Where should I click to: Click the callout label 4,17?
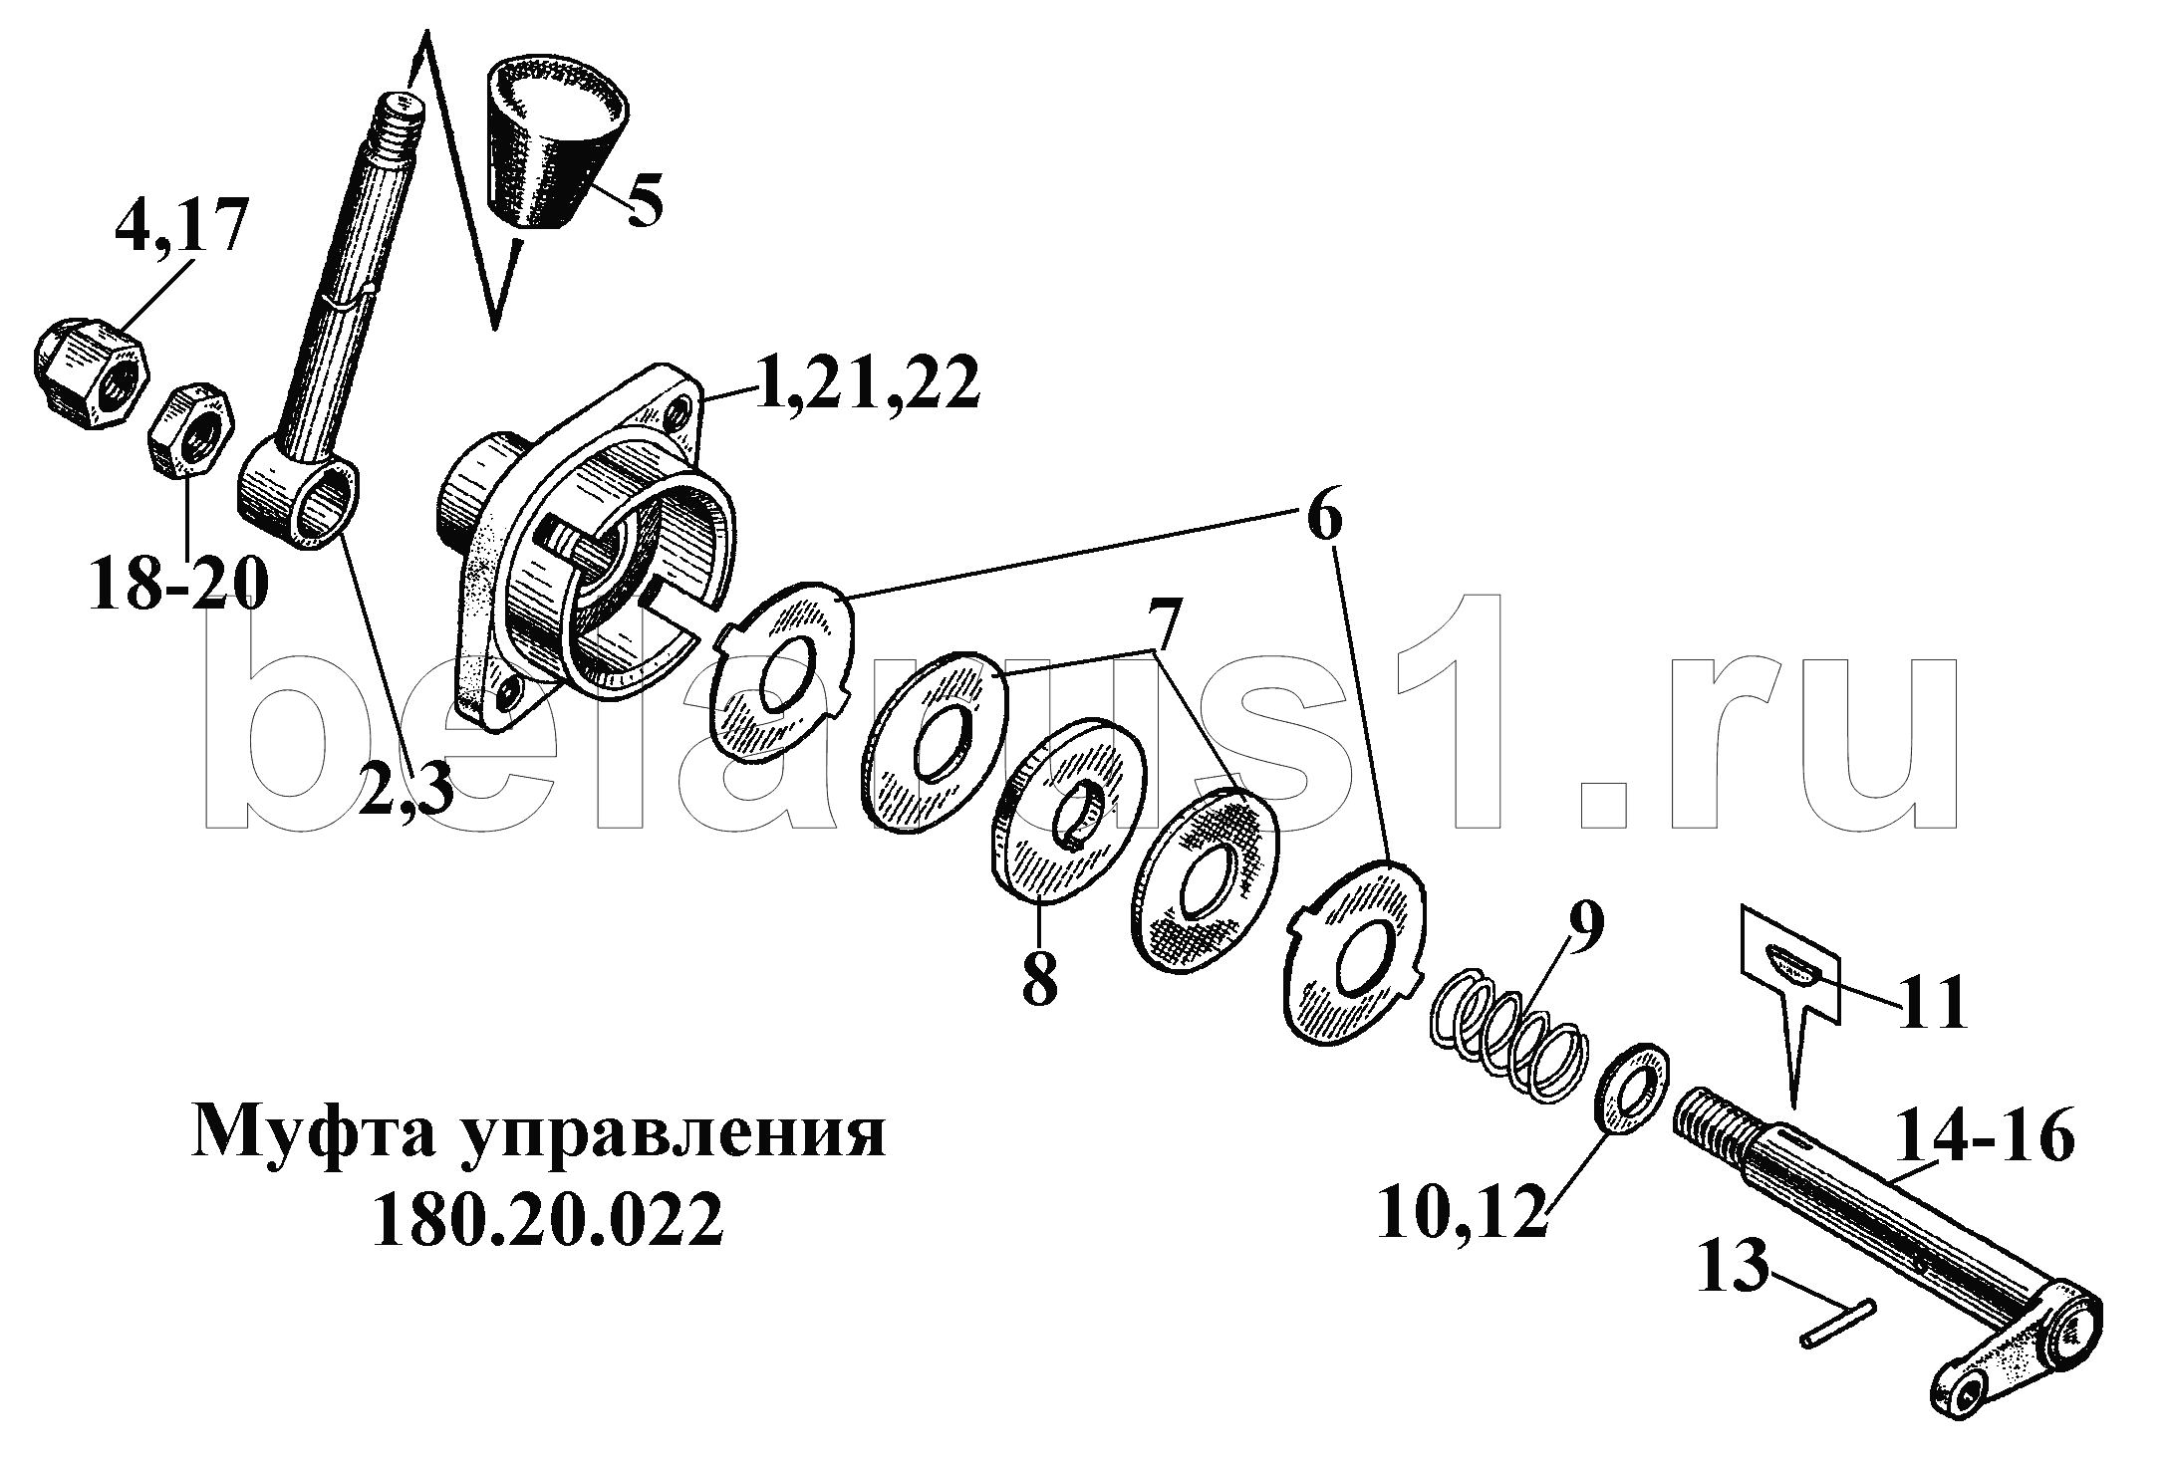(179, 226)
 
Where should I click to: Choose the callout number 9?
(1582, 928)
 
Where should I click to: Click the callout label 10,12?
(1460, 1210)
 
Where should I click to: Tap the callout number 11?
(1932, 1003)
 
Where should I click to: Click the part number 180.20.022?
(547, 1221)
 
